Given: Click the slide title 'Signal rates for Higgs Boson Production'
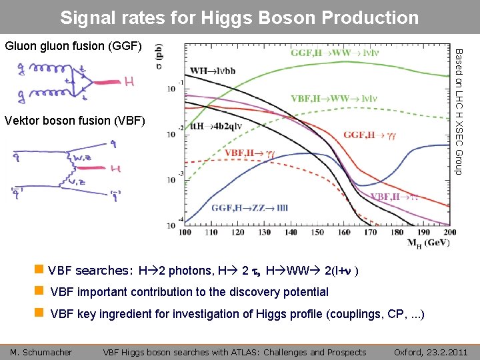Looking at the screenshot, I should coord(239,17).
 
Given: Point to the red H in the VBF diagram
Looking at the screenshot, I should coord(116,169).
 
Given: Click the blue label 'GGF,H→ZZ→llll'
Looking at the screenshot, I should coord(250,208).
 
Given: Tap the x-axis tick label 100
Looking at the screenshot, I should coord(184,233).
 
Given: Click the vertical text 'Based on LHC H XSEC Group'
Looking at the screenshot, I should coord(459,115).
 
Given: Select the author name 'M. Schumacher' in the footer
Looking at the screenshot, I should coord(42,352).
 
